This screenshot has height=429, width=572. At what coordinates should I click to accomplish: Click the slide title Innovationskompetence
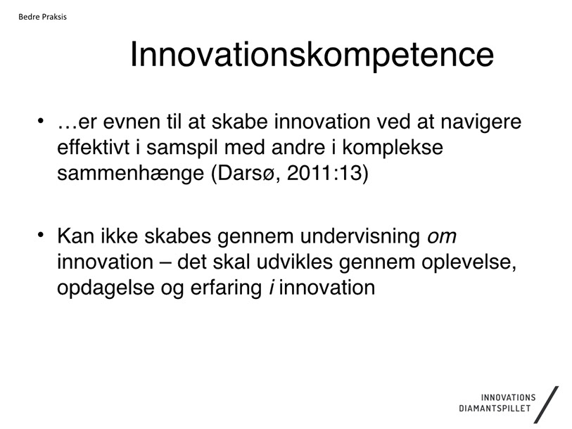coord(312,55)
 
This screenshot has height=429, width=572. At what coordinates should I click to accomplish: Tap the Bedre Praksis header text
coord(42,17)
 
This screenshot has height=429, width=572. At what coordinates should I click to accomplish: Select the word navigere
coord(481,122)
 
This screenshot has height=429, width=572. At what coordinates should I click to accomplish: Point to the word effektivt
coord(93,147)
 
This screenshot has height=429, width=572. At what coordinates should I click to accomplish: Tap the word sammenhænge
coord(131,174)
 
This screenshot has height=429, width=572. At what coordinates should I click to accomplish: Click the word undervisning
coord(360,237)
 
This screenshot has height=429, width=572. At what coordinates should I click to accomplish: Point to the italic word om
coord(442,237)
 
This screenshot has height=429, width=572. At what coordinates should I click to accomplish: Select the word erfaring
coord(226,288)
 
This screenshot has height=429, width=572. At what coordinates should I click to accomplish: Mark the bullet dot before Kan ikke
coord(41,234)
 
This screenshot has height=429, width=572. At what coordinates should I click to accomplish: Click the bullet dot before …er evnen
coord(41,120)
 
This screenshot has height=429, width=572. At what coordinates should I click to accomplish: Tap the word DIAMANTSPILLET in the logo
coord(495,408)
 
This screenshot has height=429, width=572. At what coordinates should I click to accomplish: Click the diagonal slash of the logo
coord(546,404)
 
